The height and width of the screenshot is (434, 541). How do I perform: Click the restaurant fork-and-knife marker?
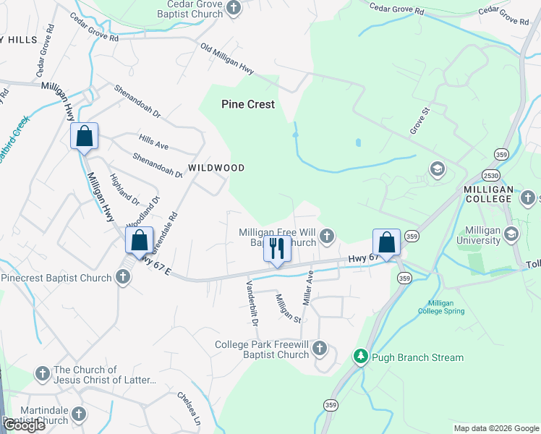tap(276, 249)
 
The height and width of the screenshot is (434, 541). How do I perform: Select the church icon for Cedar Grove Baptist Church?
tap(234, 8)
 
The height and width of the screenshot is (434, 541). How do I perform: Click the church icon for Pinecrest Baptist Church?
tap(123, 277)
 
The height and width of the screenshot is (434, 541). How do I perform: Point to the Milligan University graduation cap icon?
tap(511, 234)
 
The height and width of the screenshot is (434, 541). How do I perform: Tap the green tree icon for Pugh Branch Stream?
tap(360, 357)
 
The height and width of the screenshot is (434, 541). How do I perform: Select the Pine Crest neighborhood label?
tap(247, 104)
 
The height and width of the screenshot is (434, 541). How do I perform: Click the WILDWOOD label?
tap(216, 168)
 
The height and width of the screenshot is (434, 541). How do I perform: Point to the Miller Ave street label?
tap(309, 284)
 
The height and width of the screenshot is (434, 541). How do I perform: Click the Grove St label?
tap(419, 121)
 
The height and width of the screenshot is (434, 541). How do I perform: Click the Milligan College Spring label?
tap(441, 307)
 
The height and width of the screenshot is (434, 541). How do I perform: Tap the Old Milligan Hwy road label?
tap(227, 60)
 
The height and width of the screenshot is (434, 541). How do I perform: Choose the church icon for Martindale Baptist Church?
tap(78, 414)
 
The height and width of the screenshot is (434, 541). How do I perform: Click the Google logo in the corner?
tap(24, 425)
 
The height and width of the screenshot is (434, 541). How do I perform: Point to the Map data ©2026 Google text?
tap(496, 428)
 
